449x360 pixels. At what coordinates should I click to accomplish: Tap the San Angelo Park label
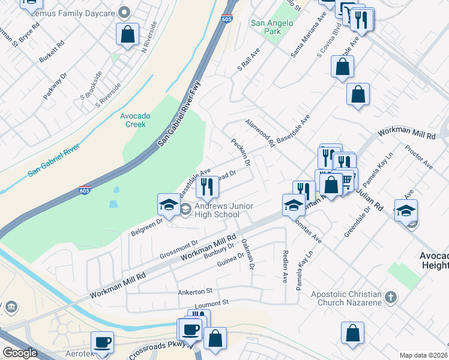tap(272, 27)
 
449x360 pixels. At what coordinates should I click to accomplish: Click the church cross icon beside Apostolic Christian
tap(391, 296)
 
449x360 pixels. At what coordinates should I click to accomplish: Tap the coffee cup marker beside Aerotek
tap(102, 342)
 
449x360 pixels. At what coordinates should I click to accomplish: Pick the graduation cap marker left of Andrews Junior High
tap(169, 205)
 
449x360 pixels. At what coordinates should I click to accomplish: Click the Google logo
tap(19, 353)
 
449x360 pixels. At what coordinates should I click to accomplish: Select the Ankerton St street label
tap(195, 292)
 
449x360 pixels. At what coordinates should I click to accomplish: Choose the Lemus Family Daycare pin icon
tap(125, 12)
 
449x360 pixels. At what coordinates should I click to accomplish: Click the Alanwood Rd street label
tap(259, 133)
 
